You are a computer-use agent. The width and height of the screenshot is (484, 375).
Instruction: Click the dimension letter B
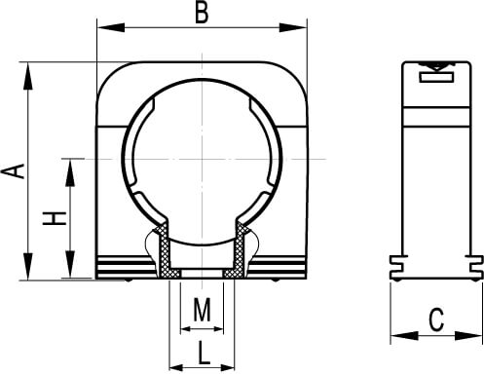tap(202, 14)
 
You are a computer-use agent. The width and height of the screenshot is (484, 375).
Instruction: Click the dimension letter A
tap(14, 171)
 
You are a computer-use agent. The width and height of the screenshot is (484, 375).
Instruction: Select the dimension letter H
tap(55, 218)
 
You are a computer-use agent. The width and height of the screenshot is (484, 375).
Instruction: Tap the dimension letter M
tap(203, 310)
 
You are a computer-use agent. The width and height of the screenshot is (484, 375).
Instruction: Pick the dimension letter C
tap(436, 319)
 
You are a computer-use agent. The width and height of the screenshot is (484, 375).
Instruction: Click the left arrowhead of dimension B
tap(111, 27)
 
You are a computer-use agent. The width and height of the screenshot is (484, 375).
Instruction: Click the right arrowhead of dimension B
tap(293, 27)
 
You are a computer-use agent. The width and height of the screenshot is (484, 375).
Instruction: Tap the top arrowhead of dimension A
tap(28, 76)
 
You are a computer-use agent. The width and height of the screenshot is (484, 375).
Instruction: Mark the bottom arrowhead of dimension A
tap(28, 266)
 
